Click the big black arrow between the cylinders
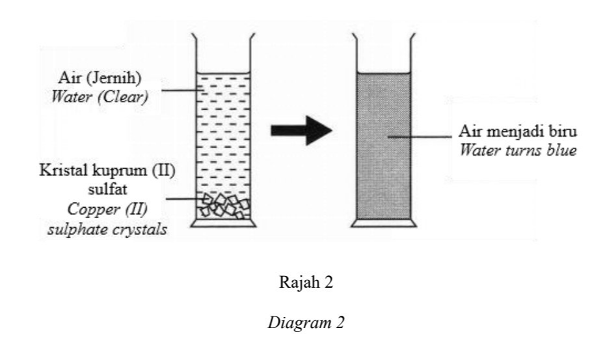click(301, 131)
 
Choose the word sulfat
click(107, 189)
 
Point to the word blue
click(562, 150)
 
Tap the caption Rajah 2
click(306, 282)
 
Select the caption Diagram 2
click(306, 322)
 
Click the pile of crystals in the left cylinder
click(224, 206)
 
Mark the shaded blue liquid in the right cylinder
click(384, 146)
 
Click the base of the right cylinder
click(384, 223)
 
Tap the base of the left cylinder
click(224, 223)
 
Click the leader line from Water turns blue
click(420, 136)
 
